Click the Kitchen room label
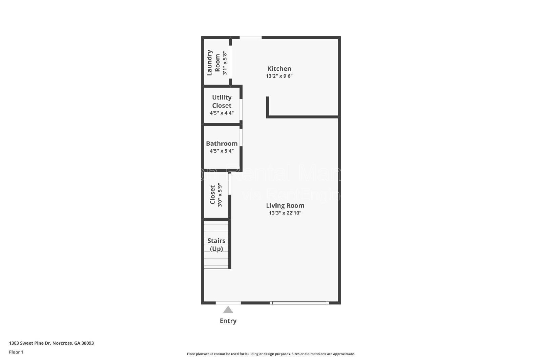tap(279, 69)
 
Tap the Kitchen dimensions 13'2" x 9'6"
tap(279, 76)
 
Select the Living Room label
tap(285, 205)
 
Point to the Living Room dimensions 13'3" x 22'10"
tap(285, 213)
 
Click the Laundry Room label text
tap(213, 63)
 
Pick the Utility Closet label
tap(222, 101)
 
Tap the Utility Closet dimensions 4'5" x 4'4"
tap(222, 113)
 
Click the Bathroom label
tap(222, 143)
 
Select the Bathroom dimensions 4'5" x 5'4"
tap(222, 151)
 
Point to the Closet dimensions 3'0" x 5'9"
tap(220, 195)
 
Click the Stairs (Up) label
tap(216, 245)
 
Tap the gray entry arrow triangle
tap(228, 310)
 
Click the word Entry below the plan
tap(228, 321)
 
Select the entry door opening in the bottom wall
tap(228, 302)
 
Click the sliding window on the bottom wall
tap(299, 303)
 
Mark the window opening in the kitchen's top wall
tap(251, 38)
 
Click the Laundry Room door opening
tap(230, 62)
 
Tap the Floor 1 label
tap(16, 352)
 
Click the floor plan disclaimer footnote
tap(271, 354)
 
